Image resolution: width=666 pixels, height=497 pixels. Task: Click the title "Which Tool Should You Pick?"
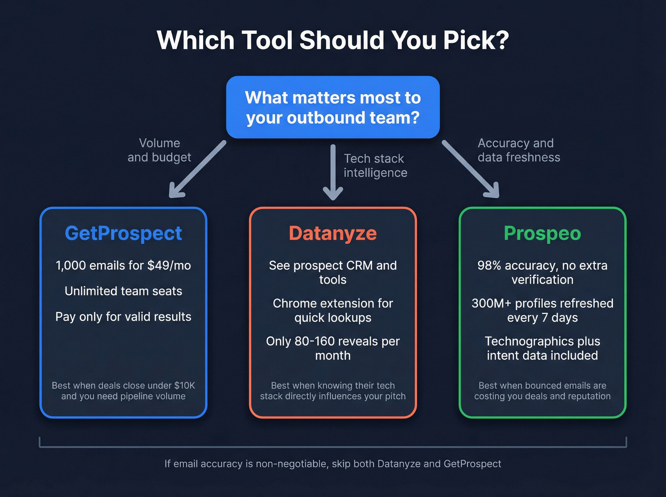[333, 40]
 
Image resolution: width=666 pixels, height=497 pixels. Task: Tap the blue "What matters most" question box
[333, 107]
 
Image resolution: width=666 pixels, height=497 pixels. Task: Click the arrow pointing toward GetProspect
[197, 169]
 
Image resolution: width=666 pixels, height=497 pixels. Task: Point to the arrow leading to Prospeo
[470, 169]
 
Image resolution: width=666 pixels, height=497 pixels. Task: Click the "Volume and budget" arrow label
[159, 150]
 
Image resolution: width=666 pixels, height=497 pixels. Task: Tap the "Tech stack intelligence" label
[375, 166]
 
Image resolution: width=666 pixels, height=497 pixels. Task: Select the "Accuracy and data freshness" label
[519, 150]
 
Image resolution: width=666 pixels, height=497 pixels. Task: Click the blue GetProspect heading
[123, 234]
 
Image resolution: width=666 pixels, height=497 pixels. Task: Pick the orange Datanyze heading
[333, 234]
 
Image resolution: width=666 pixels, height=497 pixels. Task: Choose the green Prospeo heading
[542, 234]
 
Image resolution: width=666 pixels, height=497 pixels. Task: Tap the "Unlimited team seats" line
[123, 291]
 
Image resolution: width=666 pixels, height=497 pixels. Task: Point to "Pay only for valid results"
[123, 317]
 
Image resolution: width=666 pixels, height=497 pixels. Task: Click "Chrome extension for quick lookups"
[333, 311]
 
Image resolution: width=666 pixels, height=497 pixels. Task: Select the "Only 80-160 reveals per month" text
[333, 348]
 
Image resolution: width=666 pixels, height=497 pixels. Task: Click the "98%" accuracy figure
[489, 265]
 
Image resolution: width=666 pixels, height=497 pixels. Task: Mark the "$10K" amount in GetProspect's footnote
[185, 386]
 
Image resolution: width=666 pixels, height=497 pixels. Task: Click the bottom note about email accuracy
[333, 464]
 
